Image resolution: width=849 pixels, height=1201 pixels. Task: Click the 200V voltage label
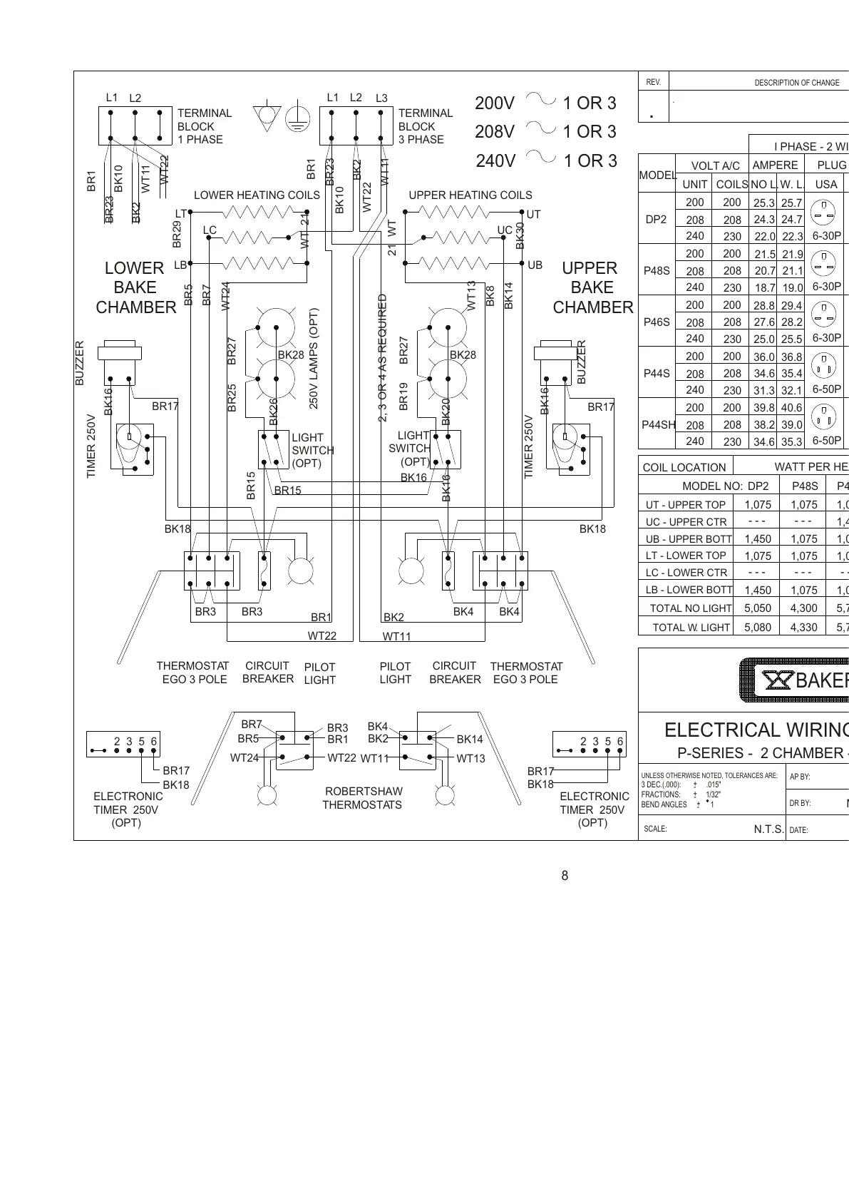[495, 103]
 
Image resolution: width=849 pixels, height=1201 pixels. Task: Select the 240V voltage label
[495, 161]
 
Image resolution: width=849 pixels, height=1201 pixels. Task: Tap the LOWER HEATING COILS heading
[257, 195]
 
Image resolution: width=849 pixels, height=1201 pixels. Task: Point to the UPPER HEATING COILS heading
[470, 195]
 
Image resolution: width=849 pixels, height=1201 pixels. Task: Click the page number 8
[565, 876]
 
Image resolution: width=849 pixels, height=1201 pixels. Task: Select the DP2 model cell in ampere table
[656, 220]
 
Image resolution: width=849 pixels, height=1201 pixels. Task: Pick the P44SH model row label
[659, 424]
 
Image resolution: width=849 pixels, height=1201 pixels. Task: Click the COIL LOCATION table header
[684, 468]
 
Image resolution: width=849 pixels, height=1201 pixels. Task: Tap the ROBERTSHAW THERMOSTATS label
[362, 798]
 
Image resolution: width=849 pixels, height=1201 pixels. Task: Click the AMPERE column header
[776, 165]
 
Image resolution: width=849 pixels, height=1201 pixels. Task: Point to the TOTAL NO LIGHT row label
[690, 608]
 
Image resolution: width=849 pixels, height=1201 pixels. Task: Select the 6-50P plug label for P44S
[827, 389]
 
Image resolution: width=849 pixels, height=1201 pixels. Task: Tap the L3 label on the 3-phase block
[382, 98]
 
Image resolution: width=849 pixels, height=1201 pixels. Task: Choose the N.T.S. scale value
[769, 829]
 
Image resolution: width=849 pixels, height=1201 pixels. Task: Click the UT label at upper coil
[534, 215]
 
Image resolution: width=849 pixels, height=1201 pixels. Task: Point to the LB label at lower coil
[180, 265]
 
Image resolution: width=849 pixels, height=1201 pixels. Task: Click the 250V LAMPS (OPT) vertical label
[314, 358]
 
